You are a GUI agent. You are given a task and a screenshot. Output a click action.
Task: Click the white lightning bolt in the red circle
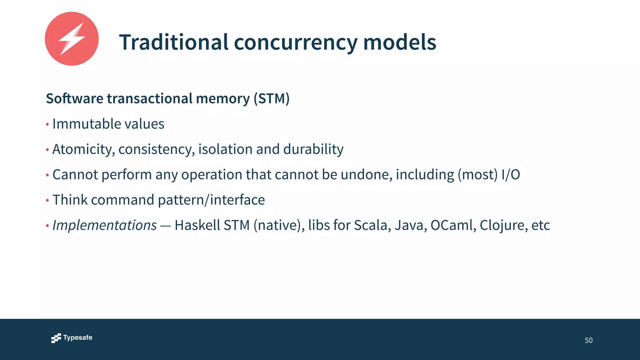click(x=72, y=39)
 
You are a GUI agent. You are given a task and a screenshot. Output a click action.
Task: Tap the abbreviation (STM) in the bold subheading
click(x=271, y=98)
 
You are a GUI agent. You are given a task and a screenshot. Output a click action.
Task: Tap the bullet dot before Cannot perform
click(x=47, y=175)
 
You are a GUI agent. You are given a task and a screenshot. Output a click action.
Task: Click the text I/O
click(x=510, y=174)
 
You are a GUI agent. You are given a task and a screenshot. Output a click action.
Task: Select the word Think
click(x=70, y=200)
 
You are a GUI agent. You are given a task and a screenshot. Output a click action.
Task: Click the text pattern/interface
click(x=211, y=200)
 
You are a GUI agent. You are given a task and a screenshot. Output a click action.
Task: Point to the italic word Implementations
click(x=104, y=225)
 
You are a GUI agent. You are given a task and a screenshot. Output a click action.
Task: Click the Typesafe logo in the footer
click(x=72, y=338)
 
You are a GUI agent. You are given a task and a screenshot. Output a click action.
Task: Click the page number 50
click(x=588, y=340)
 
